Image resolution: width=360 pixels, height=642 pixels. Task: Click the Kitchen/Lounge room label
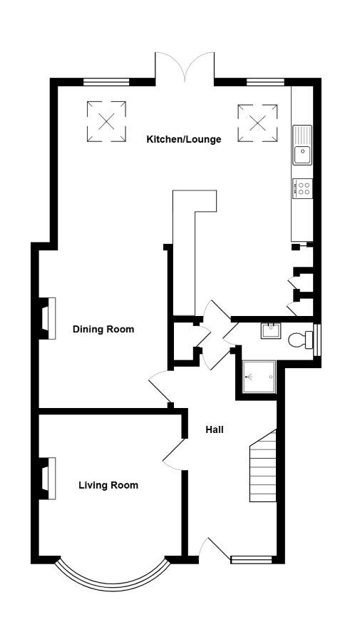[x=184, y=139]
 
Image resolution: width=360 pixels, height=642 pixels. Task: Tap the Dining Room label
[x=103, y=329]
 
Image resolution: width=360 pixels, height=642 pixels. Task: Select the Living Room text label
[x=108, y=485]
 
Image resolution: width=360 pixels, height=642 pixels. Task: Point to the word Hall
[x=215, y=429]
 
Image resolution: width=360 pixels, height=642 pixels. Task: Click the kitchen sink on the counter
[x=302, y=145]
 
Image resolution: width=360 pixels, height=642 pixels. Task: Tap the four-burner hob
[x=303, y=189]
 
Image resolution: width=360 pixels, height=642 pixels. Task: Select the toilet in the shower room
[x=301, y=340]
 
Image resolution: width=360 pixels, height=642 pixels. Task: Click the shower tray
[x=259, y=377]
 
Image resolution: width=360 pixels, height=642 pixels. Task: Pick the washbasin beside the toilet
[x=271, y=330]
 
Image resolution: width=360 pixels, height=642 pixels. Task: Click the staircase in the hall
[x=263, y=466]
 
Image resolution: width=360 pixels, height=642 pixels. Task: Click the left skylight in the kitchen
[x=106, y=121]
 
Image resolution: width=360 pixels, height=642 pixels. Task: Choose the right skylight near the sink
[x=258, y=123]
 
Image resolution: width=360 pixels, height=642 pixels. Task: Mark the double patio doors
[x=185, y=68]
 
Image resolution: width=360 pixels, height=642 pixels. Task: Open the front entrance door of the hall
[x=214, y=549]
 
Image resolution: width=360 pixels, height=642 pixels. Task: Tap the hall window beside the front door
[x=252, y=560]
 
